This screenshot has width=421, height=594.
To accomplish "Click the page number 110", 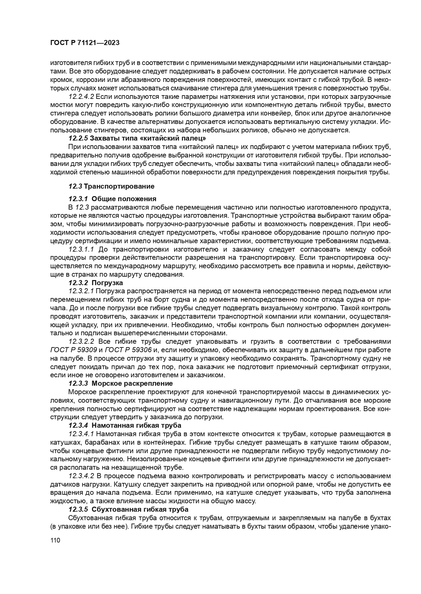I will [x=55, y=540].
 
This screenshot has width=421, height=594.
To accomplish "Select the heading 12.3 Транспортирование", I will [x=111, y=186].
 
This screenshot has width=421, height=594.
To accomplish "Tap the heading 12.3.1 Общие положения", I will [x=112, y=199].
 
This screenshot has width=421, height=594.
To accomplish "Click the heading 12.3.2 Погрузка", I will [x=96, y=283].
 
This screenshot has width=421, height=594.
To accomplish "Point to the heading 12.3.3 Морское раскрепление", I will [x=120, y=383].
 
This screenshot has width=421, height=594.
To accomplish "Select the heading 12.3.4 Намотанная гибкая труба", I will [x=125, y=425].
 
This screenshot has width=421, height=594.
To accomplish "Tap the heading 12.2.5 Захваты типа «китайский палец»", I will [x=137, y=138].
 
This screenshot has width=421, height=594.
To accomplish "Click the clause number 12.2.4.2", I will [x=81, y=97].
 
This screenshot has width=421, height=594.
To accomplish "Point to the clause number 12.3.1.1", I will [x=81, y=250].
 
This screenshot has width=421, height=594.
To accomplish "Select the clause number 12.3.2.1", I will [x=81, y=291].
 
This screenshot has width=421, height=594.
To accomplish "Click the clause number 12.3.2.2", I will [x=81, y=341].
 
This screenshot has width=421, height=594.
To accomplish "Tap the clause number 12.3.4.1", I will [x=81, y=434].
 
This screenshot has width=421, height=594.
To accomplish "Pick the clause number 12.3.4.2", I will [x=81, y=476].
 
